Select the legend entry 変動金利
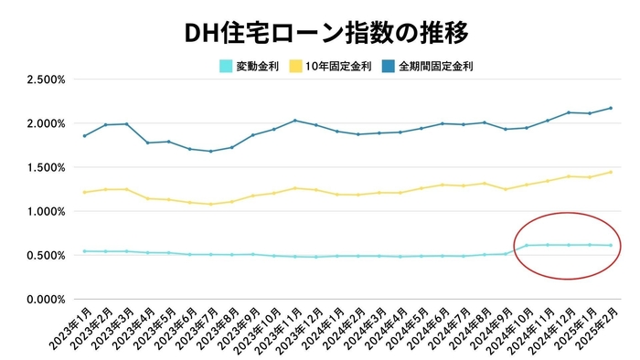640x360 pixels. [257, 66]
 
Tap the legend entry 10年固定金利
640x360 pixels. [340, 66]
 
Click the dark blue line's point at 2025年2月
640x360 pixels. [611, 108]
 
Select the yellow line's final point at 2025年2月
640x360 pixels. [611, 172]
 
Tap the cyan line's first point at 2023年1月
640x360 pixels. [84, 251]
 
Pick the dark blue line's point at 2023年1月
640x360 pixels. [84, 135]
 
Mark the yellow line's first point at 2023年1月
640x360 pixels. [84, 192]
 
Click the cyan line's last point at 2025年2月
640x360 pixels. [611, 245]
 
